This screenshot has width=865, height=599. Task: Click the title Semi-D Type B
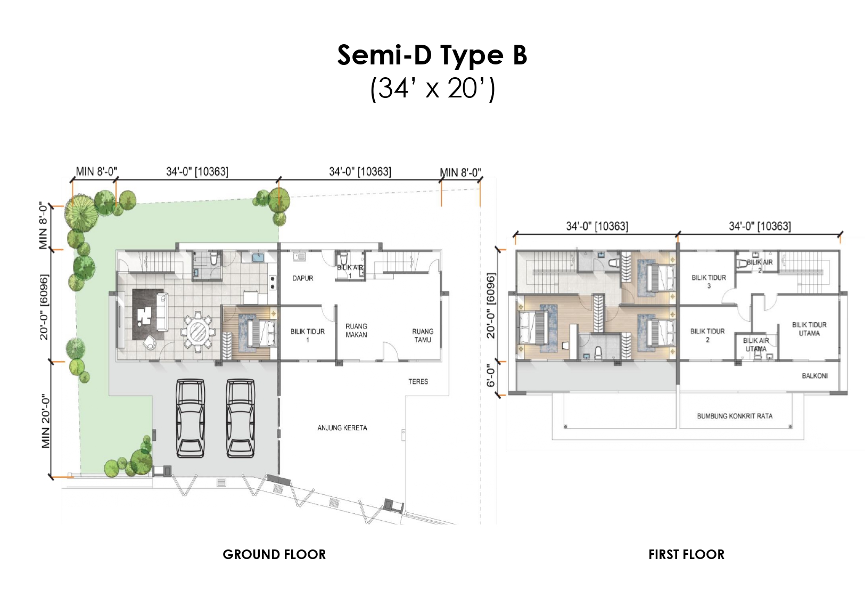[432, 55]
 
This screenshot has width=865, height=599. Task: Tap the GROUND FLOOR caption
[274, 555]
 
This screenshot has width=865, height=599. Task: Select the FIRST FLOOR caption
[686, 555]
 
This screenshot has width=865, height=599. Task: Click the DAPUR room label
[303, 278]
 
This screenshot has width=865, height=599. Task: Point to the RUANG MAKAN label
[356, 331]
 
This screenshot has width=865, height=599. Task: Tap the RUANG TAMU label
[423, 335]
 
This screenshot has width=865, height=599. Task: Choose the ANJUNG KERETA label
[342, 428]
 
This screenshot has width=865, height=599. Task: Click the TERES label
[418, 382]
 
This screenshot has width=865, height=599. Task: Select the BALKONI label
[815, 376]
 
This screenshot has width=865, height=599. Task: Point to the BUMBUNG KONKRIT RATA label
[735, 416]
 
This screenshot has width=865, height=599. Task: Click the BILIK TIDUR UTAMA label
[809, 329]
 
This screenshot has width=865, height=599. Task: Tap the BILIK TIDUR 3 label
[709, 282]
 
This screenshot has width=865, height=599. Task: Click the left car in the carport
[190, 419]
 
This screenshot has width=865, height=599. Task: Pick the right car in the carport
[240, 419]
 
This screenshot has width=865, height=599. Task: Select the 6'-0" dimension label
[490, 376]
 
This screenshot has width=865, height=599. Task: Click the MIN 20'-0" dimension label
[46, 421]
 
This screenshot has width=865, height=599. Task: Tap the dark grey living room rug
[148, 314]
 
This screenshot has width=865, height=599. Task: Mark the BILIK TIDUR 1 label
[307, 335]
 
